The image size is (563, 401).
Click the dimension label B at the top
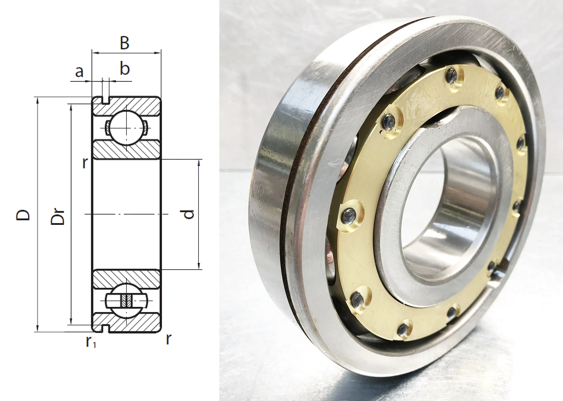125,43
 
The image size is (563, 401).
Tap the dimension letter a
79,72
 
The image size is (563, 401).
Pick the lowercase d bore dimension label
188,214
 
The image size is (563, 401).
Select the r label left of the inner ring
85,164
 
